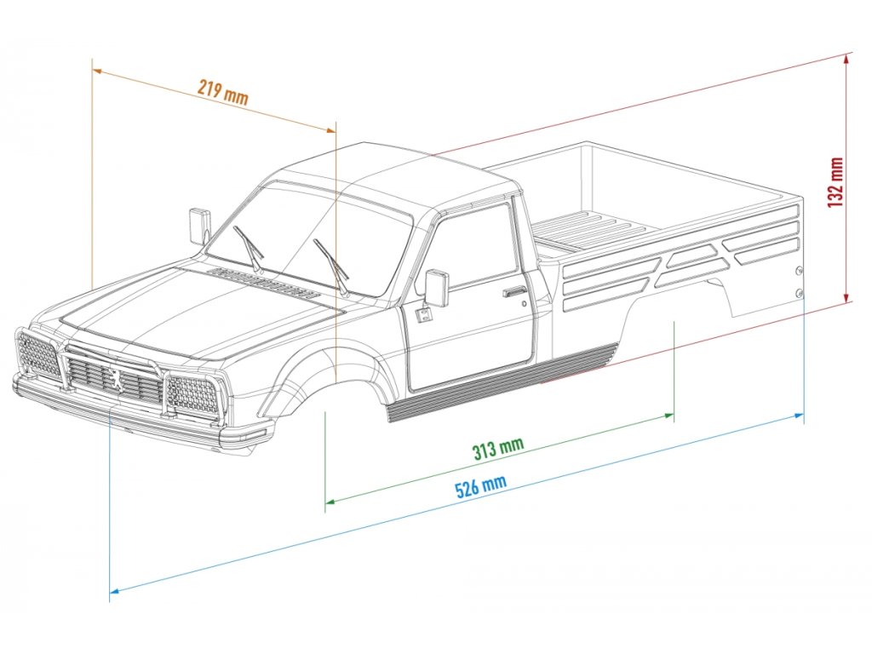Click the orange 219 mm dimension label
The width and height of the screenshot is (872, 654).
pyautogui.click(x=223, y=91)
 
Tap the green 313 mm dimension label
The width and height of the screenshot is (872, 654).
pyautogui.click(x=498, y=448)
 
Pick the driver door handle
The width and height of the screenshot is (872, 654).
pyautogui.click(x=513, y=293)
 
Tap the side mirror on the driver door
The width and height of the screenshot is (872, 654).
pyautogui.click(x=436, y=288)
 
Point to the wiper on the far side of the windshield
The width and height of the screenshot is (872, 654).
pyautogui.click(x=250, y=248)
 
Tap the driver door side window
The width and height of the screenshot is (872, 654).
pyautogui.click(x=474, y=247)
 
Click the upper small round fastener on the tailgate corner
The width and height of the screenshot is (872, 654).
pyautogui.click(x=799, y=271)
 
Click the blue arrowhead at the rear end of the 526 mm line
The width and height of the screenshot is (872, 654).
pyautogui.click(x=800, y=415)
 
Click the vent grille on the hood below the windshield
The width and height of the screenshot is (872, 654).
pyautogui.click(x=264, y=284)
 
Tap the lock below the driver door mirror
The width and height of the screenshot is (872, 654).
pyautogui.click(x=422, y=314)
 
